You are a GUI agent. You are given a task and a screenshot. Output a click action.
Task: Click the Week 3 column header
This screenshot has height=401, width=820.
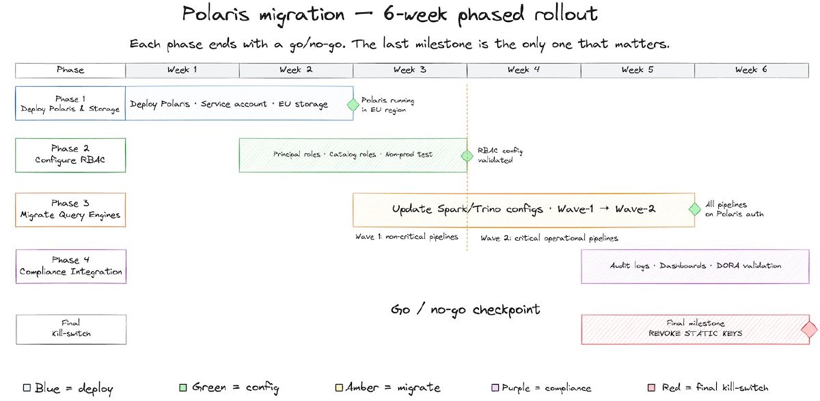410,70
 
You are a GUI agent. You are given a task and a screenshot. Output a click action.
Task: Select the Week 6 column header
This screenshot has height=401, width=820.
751,70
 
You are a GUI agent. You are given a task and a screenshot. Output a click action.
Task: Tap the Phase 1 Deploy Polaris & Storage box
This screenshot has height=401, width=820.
70,103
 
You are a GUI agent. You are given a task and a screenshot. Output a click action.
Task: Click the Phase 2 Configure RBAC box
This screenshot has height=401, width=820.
70,155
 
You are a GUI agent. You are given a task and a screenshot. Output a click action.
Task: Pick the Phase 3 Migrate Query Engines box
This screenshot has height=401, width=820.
70,209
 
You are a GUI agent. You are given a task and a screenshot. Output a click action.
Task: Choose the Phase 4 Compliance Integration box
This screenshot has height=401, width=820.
70,266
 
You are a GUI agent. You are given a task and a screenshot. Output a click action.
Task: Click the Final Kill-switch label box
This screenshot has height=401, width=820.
70,328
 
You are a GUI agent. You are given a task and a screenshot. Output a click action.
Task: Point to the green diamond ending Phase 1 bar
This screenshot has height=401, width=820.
353,105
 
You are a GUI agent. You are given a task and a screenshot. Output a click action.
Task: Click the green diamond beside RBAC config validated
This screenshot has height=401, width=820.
467,156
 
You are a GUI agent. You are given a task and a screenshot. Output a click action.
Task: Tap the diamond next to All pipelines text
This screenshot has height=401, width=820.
694,209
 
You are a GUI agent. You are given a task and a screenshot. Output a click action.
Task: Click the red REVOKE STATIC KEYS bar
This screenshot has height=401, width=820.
694,329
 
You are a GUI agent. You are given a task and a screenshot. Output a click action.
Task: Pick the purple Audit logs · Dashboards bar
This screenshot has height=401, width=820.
695,266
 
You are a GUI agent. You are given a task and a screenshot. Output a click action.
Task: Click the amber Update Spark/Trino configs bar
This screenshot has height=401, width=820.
523,209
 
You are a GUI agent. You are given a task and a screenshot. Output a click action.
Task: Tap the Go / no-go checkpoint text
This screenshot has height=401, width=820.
465,309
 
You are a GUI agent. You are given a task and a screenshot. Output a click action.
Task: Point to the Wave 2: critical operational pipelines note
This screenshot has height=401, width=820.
549,238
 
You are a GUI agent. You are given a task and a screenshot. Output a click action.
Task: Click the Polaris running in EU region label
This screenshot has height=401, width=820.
387,105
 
